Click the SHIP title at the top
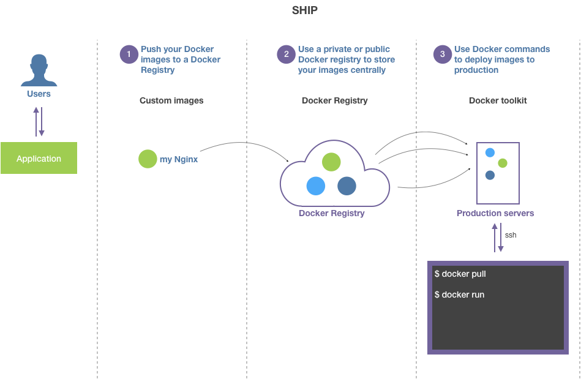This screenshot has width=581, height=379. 305,10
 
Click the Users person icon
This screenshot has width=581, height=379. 39,70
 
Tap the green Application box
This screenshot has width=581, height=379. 39,158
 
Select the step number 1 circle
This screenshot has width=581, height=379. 129,54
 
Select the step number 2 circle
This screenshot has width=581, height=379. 286,54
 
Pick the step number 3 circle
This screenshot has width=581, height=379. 443,54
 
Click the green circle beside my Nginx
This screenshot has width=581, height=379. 148,159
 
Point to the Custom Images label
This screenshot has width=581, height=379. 171,100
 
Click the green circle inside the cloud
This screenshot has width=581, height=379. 331,162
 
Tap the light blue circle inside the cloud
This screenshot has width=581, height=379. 315,186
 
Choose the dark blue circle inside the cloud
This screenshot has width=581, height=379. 347,186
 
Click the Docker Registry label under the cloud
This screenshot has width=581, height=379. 331,214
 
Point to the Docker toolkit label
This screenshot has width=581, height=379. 498,100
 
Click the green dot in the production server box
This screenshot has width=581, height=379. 503,163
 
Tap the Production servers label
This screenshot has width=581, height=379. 495,214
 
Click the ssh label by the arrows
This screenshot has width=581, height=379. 511,235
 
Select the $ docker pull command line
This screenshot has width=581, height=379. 460,274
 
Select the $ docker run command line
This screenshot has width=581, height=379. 459,295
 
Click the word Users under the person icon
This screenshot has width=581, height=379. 39,94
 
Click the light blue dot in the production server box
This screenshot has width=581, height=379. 490,152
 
